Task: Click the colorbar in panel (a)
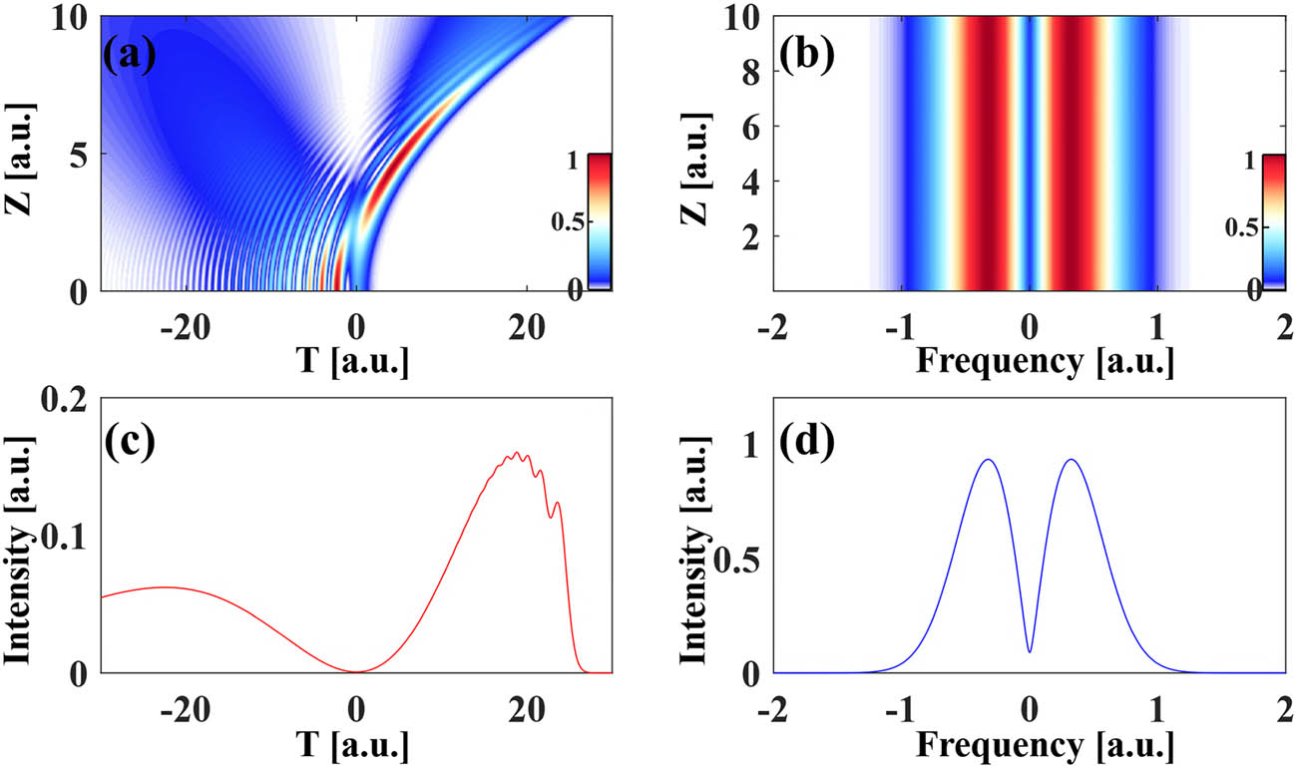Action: click(x=599, y=221)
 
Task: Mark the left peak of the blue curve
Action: click(x=988, y=460)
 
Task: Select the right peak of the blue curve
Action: click(x=1071, y=460)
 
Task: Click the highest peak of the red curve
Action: click(x=517, y=454)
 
